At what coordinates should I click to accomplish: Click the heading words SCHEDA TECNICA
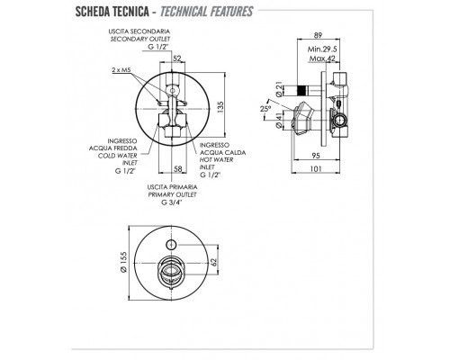(x=112, y=12)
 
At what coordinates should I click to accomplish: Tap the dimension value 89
(x=318, y=35)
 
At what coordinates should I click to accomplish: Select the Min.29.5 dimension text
(x=322, y=49)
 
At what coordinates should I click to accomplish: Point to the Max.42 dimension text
(x=322, y=58)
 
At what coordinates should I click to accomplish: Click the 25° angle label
(x=265, y=109)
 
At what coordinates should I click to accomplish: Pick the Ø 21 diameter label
(x=279, y=90)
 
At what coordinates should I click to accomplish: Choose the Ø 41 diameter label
(x=279, y=121)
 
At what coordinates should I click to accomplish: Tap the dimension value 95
(x=316, y=156)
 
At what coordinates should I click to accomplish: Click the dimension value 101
(x=316, y=169)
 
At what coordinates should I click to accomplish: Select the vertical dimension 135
(x=220, y=107)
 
